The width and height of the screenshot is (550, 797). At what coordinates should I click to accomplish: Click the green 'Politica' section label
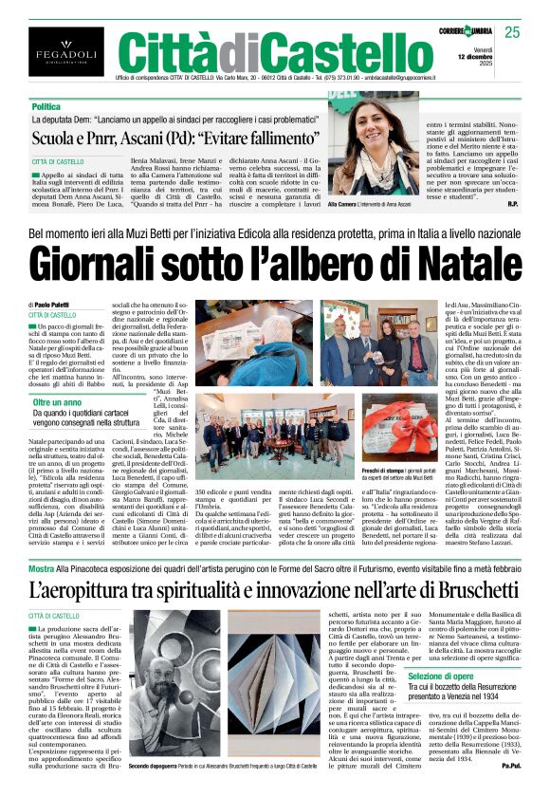(46, 107)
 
